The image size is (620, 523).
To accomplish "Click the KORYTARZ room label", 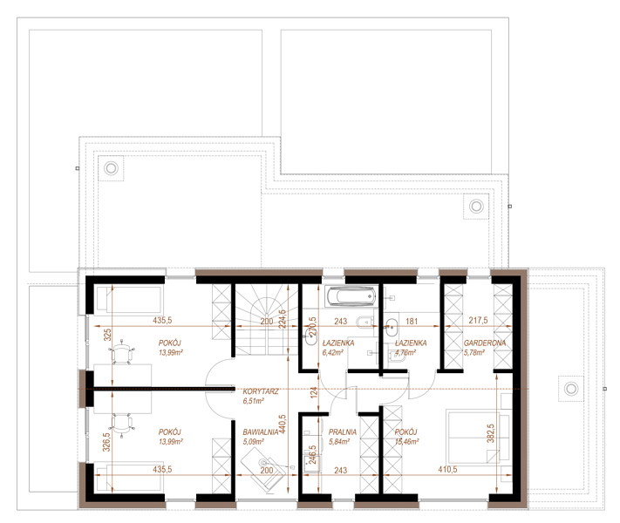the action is [261, 391].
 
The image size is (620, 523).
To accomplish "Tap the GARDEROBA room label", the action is [484, 343].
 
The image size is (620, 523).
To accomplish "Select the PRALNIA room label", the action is [343, 432].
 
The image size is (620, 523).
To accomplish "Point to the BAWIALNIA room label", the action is [261, 432].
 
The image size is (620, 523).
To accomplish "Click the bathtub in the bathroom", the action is [351, 296].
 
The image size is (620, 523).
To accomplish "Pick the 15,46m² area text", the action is [407, 441].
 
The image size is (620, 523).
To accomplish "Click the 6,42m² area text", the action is [332, 352].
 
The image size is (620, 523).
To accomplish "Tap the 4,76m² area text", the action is [405, 352].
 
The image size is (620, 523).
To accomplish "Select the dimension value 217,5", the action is [478, 320].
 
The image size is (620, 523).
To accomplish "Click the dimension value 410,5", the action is [447, 469].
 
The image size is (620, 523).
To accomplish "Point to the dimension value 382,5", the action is [491, 433].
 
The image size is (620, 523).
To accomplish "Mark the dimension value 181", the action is [412, 321].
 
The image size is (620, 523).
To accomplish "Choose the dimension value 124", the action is [314, 392].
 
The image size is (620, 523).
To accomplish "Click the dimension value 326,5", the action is [106, 442].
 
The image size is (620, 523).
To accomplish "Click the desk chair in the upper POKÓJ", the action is [122, 351].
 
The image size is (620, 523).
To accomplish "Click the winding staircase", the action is [266, 320].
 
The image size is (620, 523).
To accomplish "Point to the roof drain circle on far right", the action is [570, 389].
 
